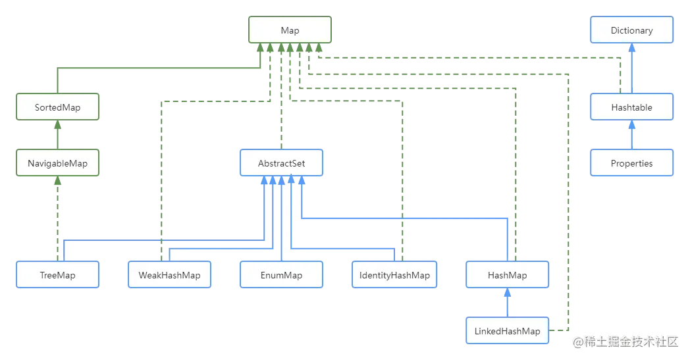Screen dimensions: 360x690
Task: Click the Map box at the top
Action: point(290,30)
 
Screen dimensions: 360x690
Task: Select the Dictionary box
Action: point(631,30)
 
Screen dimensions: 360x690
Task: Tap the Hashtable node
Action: point(631,107)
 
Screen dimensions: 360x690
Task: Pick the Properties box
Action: point(631,163)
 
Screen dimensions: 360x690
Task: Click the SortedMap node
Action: point(57,107)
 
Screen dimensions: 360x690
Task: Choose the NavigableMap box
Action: point(57,163)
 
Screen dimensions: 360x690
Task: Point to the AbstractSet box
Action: point(281,163)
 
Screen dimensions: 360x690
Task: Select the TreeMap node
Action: point(57,275)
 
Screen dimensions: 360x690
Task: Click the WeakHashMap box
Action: point(169,275)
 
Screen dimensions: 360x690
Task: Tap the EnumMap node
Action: point(281,275)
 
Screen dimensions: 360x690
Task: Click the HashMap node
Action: point(507,275)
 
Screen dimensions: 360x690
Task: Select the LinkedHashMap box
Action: point(507,331)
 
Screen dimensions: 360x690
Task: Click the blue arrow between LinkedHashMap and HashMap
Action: point(507,303)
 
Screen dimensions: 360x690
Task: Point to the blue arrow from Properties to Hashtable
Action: point(631,135)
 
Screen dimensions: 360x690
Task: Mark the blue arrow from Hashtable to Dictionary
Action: point(631,68)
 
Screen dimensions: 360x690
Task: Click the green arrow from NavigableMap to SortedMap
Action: point(57,134)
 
